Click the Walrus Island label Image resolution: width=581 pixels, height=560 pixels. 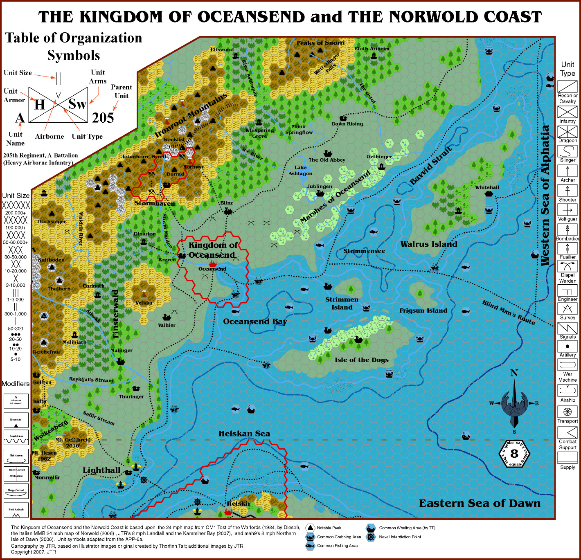click(429, 244)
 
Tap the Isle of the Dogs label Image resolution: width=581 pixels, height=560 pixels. click(361, 360)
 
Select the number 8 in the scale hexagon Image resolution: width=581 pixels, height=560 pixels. click(514, 453)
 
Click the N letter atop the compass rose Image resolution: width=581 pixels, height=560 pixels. click(514, 373)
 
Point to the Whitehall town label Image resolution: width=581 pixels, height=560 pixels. click(487, 187)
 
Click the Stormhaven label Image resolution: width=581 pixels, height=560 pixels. click(155, 203)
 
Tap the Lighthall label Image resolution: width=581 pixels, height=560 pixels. click(101, 470)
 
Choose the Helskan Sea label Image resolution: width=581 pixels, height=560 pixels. click(244, 434)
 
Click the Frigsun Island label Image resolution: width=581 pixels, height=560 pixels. click(423, 311)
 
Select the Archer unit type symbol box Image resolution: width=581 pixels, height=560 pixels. click(567, 171)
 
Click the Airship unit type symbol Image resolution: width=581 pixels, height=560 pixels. click(567, 391)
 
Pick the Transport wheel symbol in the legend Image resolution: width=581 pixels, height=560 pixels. click(567, 412)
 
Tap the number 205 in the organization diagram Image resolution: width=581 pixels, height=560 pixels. click(103, 118)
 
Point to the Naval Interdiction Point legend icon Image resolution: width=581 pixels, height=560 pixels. click(371, 537)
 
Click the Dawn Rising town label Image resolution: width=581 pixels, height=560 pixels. click(347, 124)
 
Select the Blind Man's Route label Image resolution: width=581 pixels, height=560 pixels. click(508, 313)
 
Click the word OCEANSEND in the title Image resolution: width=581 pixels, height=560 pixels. click(251, 17)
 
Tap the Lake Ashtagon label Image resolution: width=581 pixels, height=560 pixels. click(300, 171)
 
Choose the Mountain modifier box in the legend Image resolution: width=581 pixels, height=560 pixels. click(16, 421)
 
